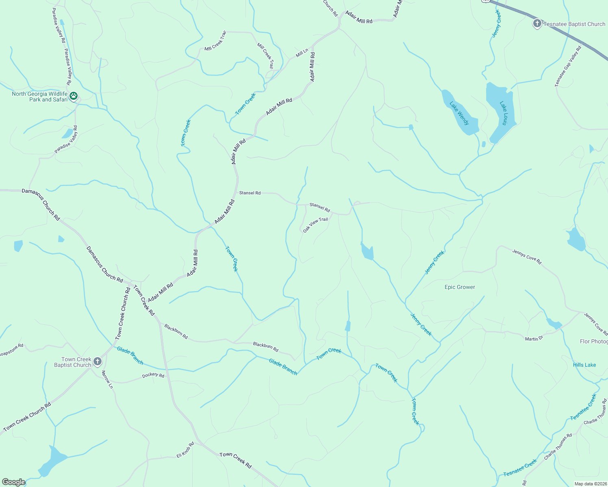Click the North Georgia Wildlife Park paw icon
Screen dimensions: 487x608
[x=74, y=96]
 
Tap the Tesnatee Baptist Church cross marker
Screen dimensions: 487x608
[x=537, y=24]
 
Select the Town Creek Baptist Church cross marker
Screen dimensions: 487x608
[x=97, y=361]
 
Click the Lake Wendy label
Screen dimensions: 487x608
[x=459, y=113]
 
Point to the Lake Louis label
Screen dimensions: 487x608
[x=504, y=113]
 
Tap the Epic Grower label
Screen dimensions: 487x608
[x=460, y=287]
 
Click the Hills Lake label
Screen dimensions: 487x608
[x=584, y=365]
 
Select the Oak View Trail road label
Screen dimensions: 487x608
[x=315, y=225]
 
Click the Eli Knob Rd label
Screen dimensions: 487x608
[x=185, y=450]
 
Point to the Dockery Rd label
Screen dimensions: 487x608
[x=153, y=375]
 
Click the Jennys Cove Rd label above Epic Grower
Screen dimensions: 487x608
[x=527, y=257]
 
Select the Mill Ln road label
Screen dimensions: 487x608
[x=302, y=53]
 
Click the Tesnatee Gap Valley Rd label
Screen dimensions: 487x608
[x=568, y=66]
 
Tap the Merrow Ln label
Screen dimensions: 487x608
[x=107, y=379]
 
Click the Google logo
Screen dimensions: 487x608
[x=14, y=482]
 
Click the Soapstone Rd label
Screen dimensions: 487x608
[x=11, y=349]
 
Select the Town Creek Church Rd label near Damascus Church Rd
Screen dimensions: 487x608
[x=123, y=313]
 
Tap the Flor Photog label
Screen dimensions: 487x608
[x=594, y=341]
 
